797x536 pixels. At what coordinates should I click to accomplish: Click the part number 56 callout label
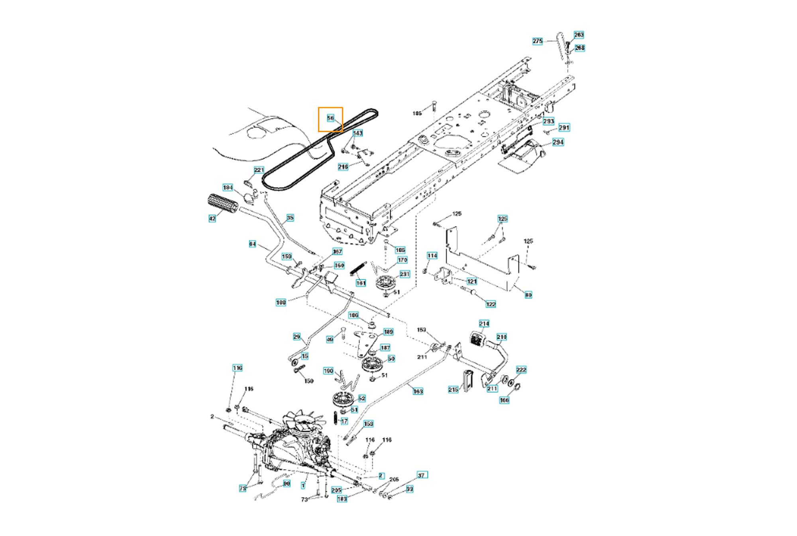(330, 118)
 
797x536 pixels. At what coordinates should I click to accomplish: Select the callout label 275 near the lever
(538, 41)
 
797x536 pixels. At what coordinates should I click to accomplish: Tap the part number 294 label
(558, 142)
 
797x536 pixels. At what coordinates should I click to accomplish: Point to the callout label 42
(212, 218)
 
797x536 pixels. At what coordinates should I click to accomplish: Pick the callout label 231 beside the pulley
(404, 274)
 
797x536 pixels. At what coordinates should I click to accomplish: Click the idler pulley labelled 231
(385, 283)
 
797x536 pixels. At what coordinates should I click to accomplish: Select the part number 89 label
(528, 295)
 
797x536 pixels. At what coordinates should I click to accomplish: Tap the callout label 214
(484, 324)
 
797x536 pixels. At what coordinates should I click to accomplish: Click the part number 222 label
(521, 370)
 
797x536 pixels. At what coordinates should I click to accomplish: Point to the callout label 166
(505, 400)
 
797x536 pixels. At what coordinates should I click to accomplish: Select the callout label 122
(491, 304)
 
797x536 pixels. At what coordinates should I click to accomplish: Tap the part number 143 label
(358, 133)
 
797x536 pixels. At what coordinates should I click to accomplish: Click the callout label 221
(259, 170)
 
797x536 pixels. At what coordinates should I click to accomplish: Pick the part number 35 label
(290, 218)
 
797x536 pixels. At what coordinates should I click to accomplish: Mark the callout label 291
(564, 127)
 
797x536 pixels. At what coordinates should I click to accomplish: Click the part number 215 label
(453, 390)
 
